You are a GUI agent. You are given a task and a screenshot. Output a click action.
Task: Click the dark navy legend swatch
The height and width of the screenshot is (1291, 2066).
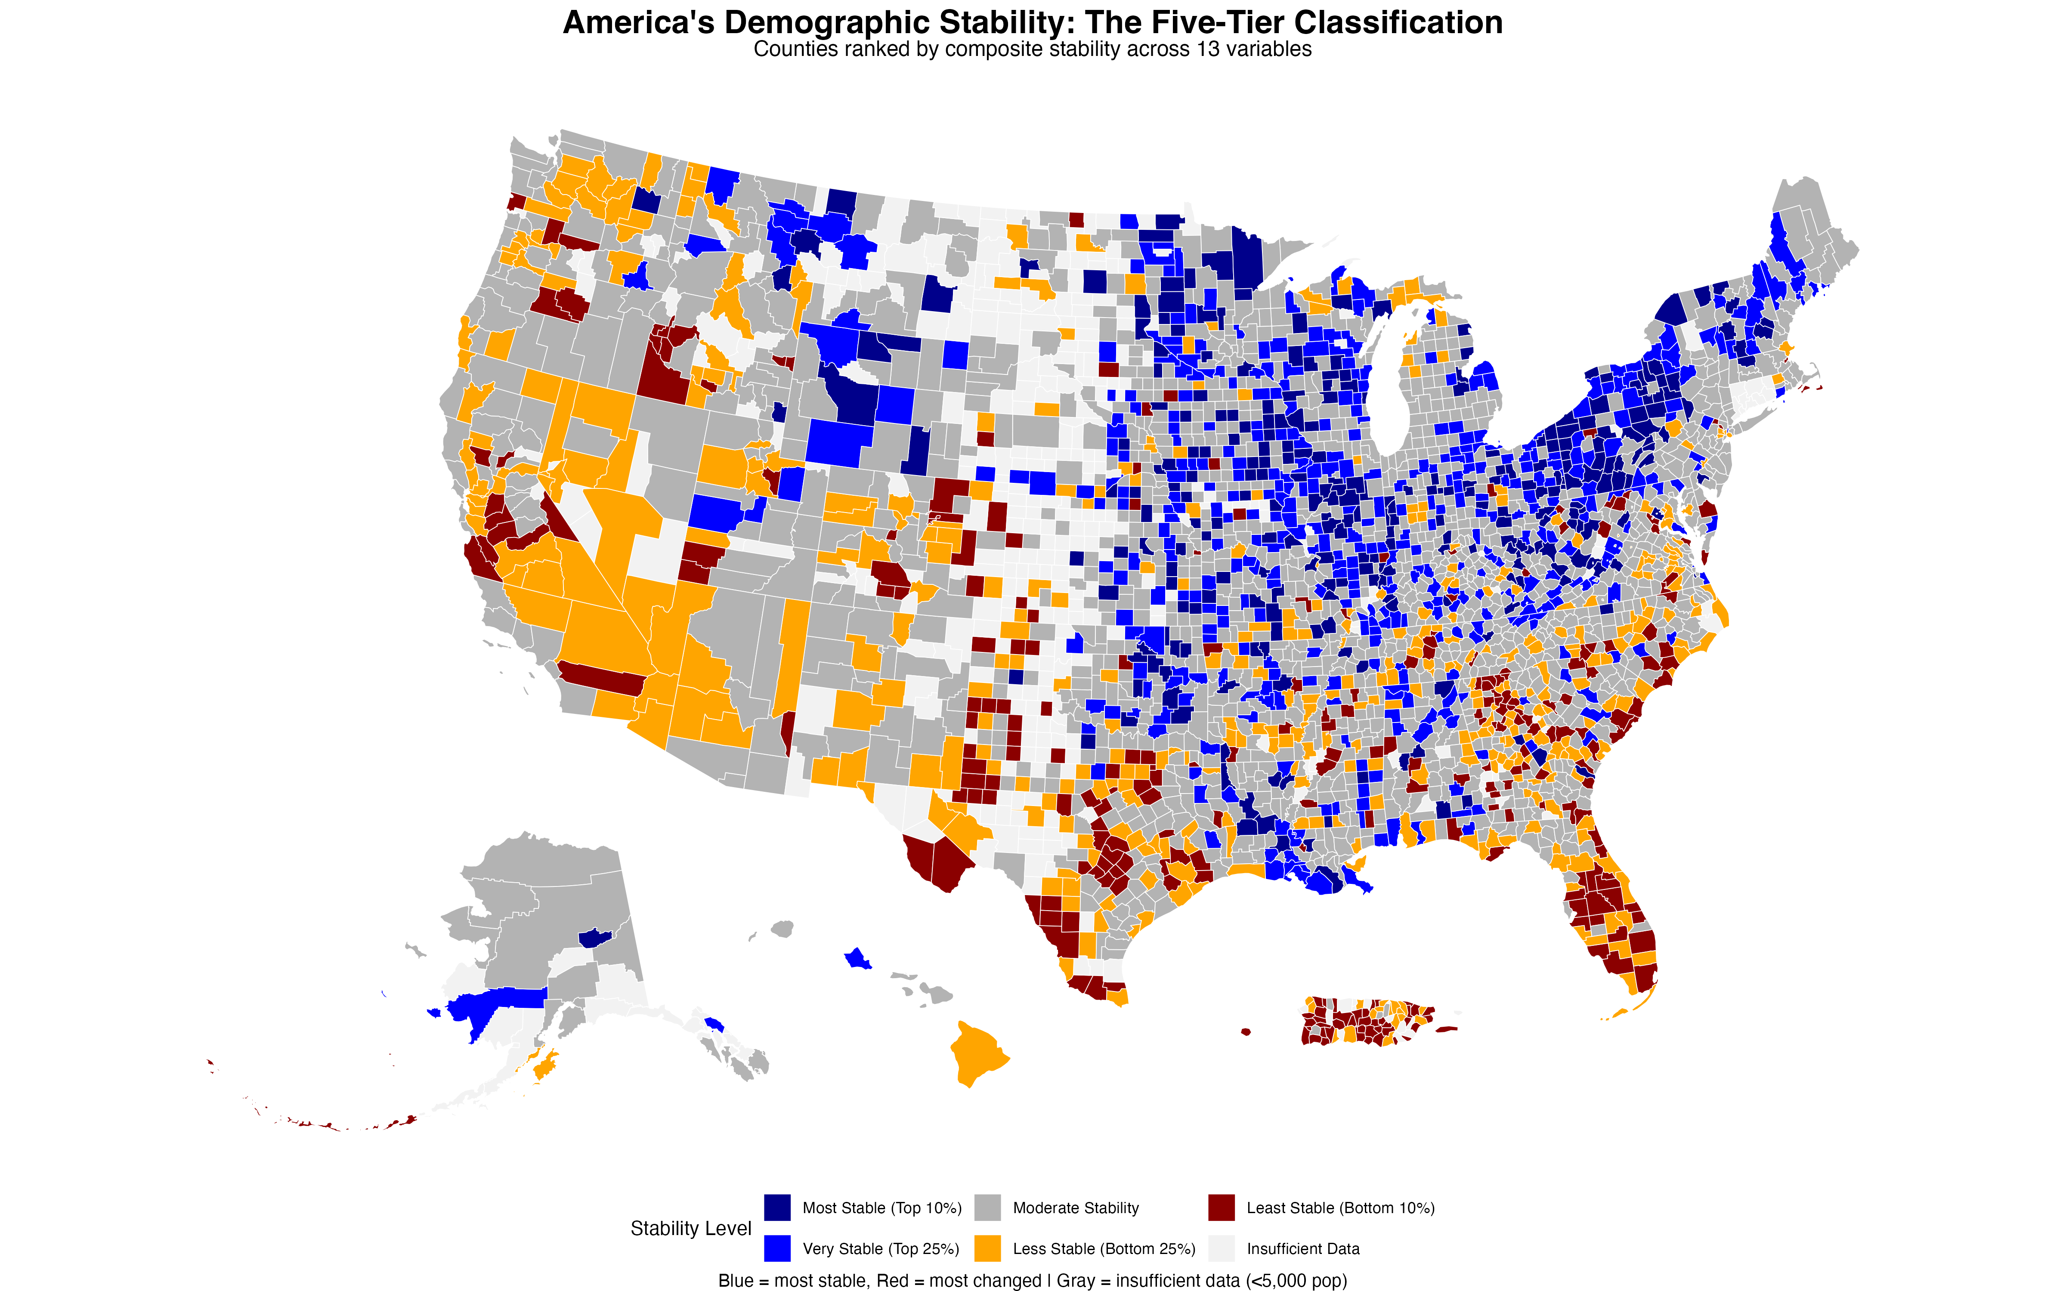[x=777, y=1208]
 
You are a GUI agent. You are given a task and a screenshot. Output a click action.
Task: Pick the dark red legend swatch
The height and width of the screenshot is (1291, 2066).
[x=1221, y=1208]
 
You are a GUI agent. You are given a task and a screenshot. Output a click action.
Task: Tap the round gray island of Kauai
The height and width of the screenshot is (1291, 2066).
[x=782, y=928]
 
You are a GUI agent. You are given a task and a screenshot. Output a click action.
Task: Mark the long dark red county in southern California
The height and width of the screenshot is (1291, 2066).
[x=602, y=679]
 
